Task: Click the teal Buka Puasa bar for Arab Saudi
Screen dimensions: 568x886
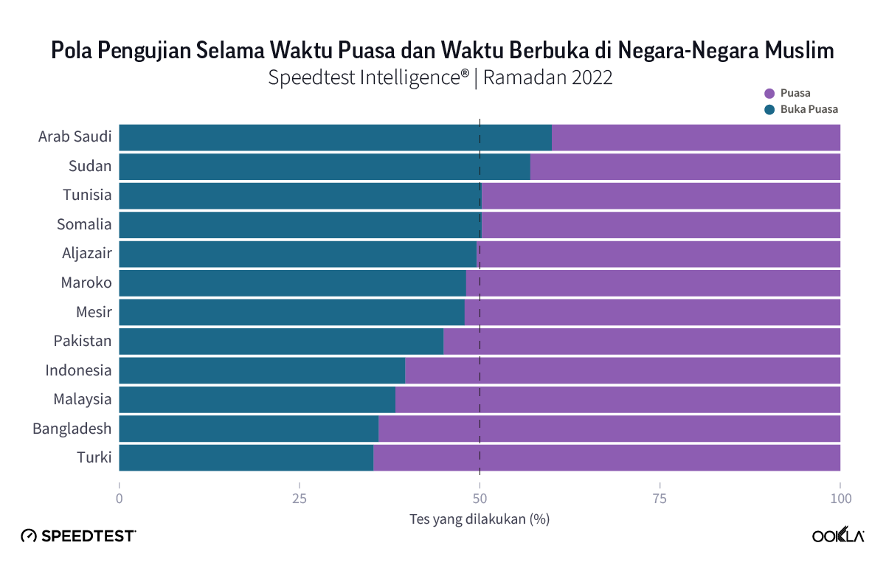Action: [x=335, y=137]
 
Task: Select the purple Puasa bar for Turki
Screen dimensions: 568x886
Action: [x=606, y=457]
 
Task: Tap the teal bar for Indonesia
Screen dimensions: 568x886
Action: [x=262, y=370]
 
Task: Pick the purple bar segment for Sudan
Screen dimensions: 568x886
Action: [x=685, y=167]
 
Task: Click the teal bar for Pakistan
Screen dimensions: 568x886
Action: [x=281, y=341]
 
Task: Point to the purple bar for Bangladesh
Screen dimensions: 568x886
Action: [x=609, y=429]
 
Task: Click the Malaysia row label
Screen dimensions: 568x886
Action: [x=82, y=400]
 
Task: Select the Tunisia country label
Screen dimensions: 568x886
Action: [x=86, y=195]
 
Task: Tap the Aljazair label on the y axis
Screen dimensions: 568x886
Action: [x=86, y=254]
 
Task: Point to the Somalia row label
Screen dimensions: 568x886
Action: [x=84, y=224]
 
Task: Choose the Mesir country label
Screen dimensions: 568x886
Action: [x=94, y=312]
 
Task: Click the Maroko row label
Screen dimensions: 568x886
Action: [x=86, y=283]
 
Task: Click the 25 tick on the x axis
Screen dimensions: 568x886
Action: [x=300, y=499]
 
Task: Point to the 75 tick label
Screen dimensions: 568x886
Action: [x=660, y=499]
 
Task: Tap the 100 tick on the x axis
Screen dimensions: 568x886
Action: [x=840, y=499]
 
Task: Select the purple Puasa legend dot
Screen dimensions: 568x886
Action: [x=769, y=94]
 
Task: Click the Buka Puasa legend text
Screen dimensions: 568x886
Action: [x=809, y=109]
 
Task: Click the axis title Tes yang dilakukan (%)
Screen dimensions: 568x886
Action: [x=480, y=519]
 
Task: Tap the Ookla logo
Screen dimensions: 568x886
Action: [x=838, y=536]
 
